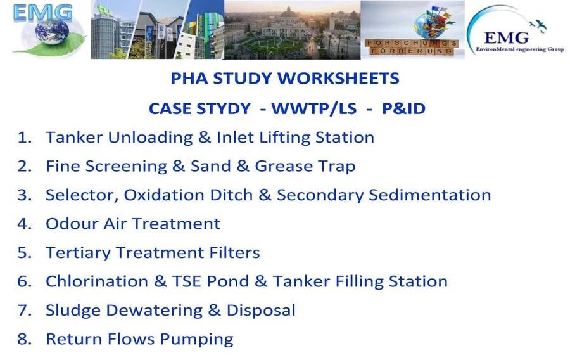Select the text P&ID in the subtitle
[x=403, y=108]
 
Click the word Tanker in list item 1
[x=74, y=138]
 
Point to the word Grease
[x=284, y=166]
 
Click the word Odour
[x=72, y=224]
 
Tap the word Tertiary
[x=78, y=253]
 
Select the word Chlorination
[x=97, y=281]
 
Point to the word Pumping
[x=197, y=339]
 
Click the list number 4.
[x=24, y=224]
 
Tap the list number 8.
[x=24, y=339]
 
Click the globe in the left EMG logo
[x=53, y=32]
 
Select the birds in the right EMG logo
[x=538, y=25]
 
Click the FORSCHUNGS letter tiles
[x=412, y=43]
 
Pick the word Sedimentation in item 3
[x=430, y=195]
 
